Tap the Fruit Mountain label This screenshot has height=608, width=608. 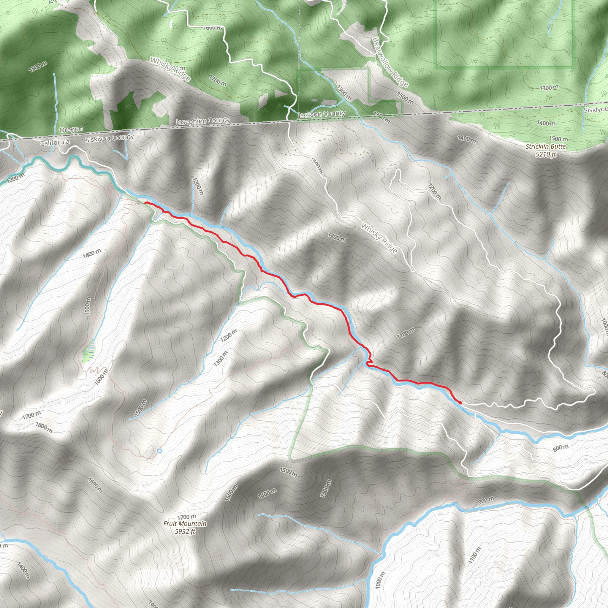185,524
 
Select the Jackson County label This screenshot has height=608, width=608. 321,114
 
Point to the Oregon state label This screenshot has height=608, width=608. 71,130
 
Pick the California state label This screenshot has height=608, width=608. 55,142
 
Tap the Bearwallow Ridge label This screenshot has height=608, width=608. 390,62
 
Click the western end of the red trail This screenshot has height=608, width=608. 145,203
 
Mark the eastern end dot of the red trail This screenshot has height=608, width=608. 460,403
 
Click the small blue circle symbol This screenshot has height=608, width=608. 159,451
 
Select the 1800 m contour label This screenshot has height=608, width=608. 44,427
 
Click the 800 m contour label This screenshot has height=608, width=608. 561,448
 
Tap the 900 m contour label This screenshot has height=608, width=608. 486,500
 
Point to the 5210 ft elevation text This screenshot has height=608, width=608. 546,154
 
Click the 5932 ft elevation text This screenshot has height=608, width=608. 185,531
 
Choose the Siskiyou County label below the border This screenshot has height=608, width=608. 109,138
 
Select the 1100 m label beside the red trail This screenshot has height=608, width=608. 406,333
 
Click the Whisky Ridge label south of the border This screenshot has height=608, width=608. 379,238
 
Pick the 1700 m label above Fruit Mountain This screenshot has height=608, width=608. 186,517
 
